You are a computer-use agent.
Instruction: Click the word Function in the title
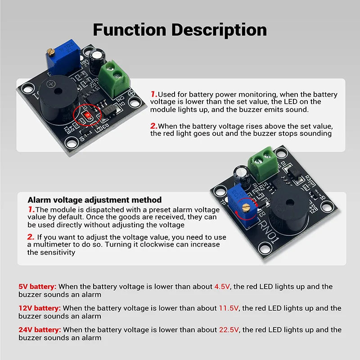(130, 30)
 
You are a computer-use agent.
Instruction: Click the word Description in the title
(219, 31)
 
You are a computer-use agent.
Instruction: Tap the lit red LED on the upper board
(88, 116)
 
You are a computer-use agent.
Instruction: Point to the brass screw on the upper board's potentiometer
(50, 52)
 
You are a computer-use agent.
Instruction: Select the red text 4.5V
(222, 287)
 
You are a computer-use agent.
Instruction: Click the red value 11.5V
(229, 308)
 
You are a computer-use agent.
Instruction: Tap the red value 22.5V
(229, 330)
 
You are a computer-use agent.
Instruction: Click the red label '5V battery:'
(37, 287)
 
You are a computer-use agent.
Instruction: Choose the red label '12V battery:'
(40, 308)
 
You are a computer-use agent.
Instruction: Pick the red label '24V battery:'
(40, 330)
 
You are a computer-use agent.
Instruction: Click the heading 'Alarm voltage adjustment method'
(94, 200)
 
